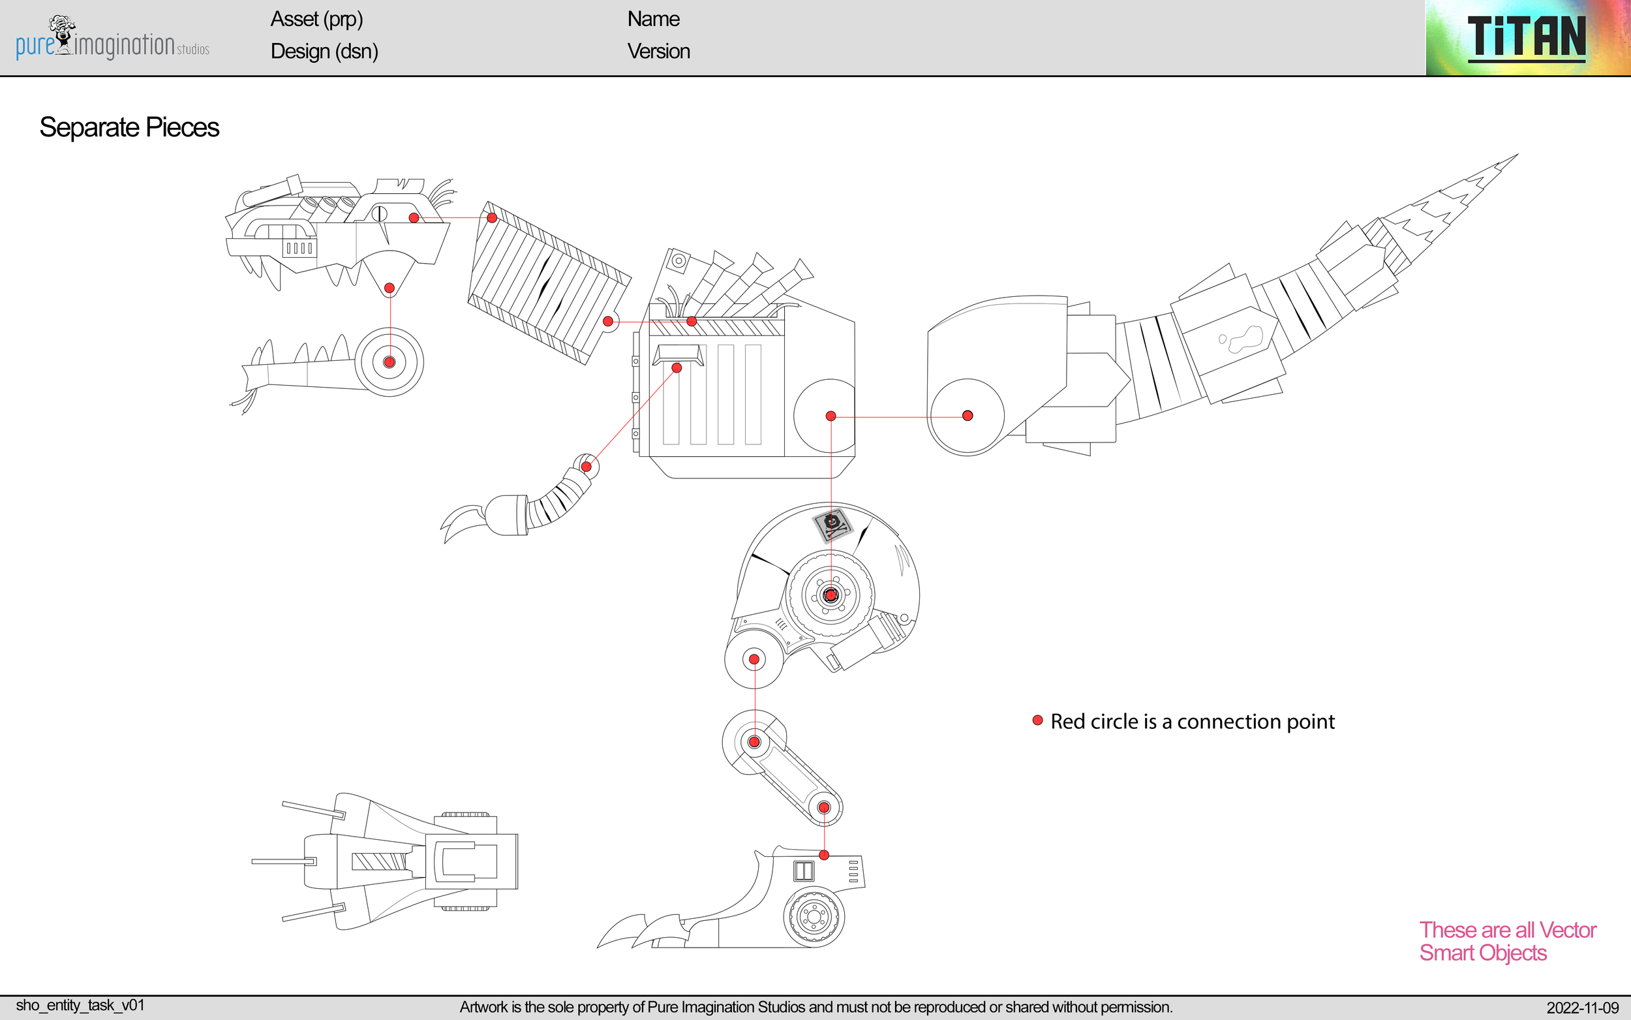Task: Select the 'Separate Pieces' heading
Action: point(129,127)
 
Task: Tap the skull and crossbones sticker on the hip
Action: point(832,525)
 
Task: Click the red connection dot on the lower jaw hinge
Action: point(389,362)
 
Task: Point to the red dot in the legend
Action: point(1038,720)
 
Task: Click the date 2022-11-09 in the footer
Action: point(1582,1008)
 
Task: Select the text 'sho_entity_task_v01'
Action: point(80,1005)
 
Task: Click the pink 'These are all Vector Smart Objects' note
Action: point(1507,941)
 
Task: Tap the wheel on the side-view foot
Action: point(813,918)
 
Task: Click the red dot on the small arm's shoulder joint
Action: point(587,466)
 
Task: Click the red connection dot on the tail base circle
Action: point(968,416)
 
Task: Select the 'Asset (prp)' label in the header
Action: point(316,19)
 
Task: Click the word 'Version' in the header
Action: point(658,52)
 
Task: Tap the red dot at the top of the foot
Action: point(824,855)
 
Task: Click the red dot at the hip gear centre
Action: point(831,595)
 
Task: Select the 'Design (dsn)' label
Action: point(324,52)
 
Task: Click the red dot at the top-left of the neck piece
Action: point(492,217)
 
